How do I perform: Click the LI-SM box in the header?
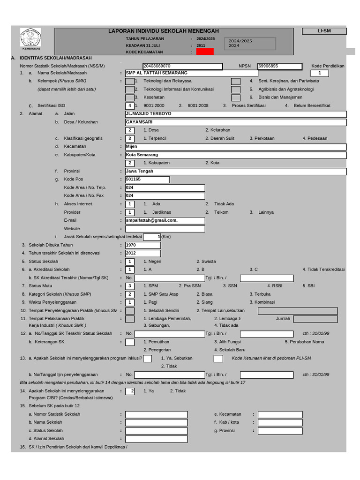click(324, 31)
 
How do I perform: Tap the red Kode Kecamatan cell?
click(205, 52)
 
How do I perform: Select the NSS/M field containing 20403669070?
click(182, 66)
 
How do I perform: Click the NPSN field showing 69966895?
click(280, 66)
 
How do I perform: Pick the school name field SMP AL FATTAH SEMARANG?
click(191, 74)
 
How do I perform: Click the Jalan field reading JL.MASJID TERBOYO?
click(236, 114)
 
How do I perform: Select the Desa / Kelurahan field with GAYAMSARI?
click(236, 122)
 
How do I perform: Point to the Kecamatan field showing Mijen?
click(236, 147)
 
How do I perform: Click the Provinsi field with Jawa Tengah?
click(236, 172)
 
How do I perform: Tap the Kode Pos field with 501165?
click(147, 180)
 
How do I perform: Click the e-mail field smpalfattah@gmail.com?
click(165, 220)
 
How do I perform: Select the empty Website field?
click(165, 229)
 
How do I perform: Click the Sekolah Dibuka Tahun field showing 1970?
click(143, 245)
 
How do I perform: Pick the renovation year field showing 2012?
click(143, 254)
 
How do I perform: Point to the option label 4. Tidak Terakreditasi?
click(323, 270)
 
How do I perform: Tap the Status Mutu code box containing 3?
click(130, 286)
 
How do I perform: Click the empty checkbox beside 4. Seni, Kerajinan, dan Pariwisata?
click(236, 81)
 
